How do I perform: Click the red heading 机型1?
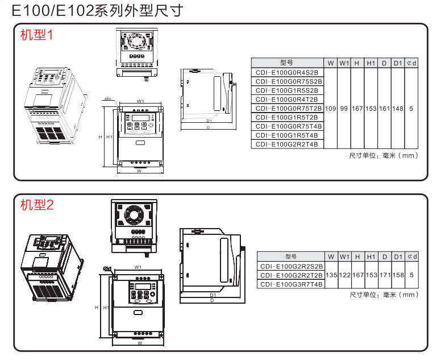point(36,35)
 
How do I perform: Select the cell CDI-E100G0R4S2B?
point(286,72)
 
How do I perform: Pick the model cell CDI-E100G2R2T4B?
point(286,144)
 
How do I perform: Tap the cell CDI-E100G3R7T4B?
point(291,284)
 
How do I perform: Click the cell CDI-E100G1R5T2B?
point(286,117)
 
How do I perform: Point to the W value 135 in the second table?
point(331,275)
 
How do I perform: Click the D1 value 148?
point(398,108)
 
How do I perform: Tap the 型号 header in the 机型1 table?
point(286,63)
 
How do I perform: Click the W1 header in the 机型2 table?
point(344,256)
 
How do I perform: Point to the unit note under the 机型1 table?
point(383,155)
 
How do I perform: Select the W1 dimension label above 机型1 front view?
point(140,101)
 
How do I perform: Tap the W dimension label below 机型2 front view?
point(139,343)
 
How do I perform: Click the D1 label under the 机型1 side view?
point(209,121)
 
